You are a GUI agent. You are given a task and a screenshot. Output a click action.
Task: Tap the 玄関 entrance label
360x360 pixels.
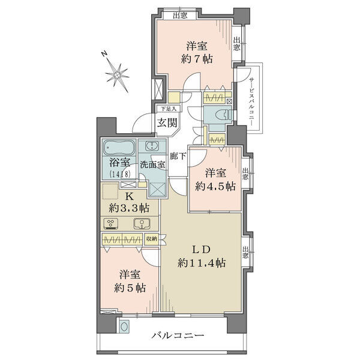coord(167,123)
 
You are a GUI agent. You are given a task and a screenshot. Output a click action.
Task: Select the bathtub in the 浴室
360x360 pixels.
coord(119,148)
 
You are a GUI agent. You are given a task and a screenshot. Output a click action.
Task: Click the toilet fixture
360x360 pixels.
coord(224,115)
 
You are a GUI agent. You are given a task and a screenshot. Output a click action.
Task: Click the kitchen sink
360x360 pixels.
coord(142,223)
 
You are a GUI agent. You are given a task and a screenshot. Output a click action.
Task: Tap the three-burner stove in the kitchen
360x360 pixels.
coord(111,223)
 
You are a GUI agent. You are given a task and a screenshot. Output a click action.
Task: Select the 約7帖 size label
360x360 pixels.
coord(197,59)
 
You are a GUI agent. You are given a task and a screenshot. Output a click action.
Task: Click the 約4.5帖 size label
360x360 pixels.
coord(215,186)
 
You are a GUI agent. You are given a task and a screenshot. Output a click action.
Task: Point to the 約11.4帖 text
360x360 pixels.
coord(202,263)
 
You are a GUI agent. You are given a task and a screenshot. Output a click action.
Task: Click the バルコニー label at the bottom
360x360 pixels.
coord(178,336)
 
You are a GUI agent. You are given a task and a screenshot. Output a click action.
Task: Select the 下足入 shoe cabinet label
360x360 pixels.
coord(169,109)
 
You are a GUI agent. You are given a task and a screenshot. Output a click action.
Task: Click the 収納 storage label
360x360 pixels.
coord(152,239)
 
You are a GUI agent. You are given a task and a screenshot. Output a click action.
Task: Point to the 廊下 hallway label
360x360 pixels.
coord(178,157)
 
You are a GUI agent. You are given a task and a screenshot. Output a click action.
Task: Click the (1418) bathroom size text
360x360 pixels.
coord(120,173)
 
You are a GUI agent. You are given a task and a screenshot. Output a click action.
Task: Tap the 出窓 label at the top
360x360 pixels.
coord(180,16)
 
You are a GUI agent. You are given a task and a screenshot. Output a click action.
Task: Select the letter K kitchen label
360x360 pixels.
coord(129,196)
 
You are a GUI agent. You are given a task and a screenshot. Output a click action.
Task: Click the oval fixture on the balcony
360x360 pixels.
coord(125,327)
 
